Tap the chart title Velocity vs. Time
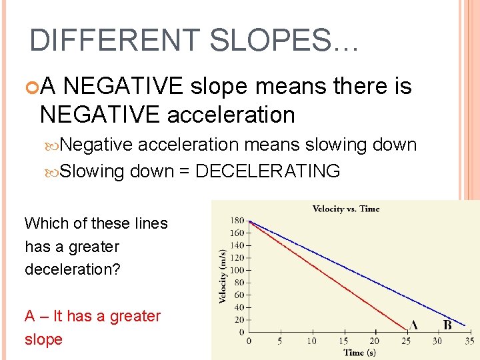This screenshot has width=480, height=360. tap(345, 209)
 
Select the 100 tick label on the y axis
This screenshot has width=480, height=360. tap(237, 271)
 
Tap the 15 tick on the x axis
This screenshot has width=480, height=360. tap(343, 341)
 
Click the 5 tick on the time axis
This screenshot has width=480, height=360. tap(281, 341)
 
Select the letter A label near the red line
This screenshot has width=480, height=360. tap(413, 325)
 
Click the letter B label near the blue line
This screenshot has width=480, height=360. tap(447, 325)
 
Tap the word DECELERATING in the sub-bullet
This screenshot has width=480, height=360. tap(267, 171)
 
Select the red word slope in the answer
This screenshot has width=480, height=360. tap(43, 339)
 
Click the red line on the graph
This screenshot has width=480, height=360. tap(327, 274)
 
